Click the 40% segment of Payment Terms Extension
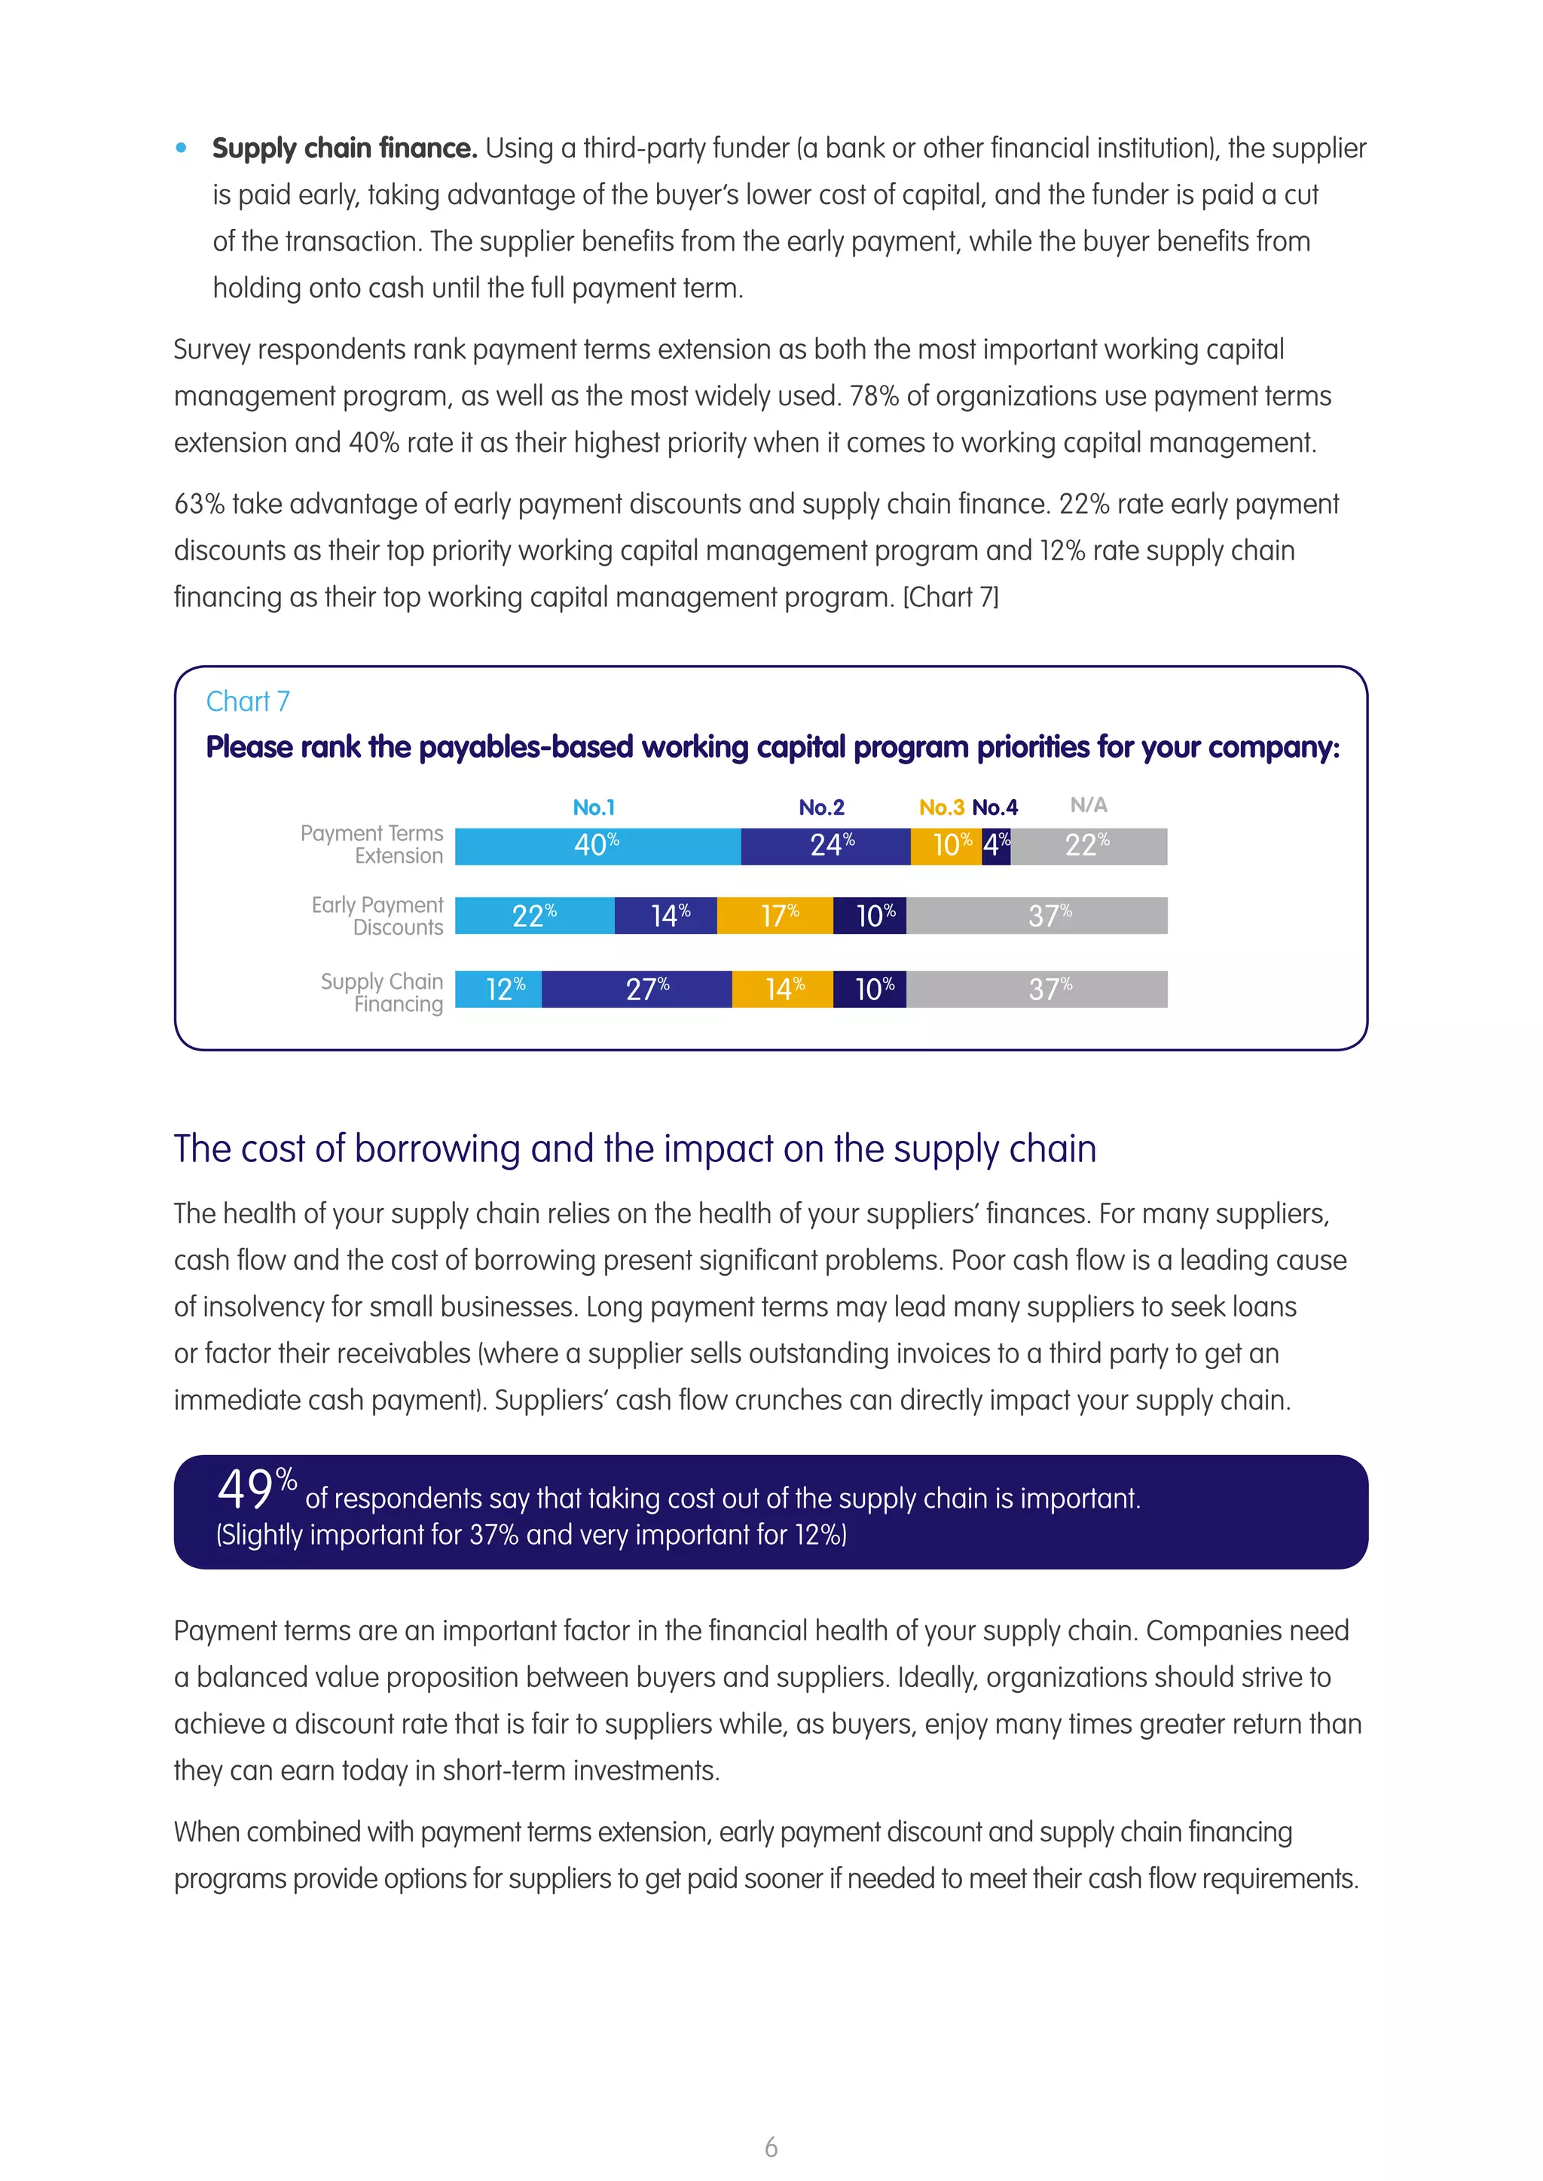coord(597,846)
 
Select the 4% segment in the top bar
coord(996,846)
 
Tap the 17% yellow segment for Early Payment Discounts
coord(775,916)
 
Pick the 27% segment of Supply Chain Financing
coord(637,989)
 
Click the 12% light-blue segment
coord(499,989)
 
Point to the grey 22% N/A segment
coord(1089,846)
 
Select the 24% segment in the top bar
coord(826,846)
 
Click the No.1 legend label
coord(594,807)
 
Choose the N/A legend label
coord(1088,806)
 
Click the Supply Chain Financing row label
coord(383,993)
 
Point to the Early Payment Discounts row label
coord(378,916)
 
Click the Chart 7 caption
coord(248,701)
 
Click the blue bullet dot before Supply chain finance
coord(182,148)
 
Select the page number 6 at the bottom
coord(771,2147)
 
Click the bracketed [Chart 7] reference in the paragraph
coord(950,597)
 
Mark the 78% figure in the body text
coord(873,396)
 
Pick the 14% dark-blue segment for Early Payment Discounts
coord(666,916)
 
